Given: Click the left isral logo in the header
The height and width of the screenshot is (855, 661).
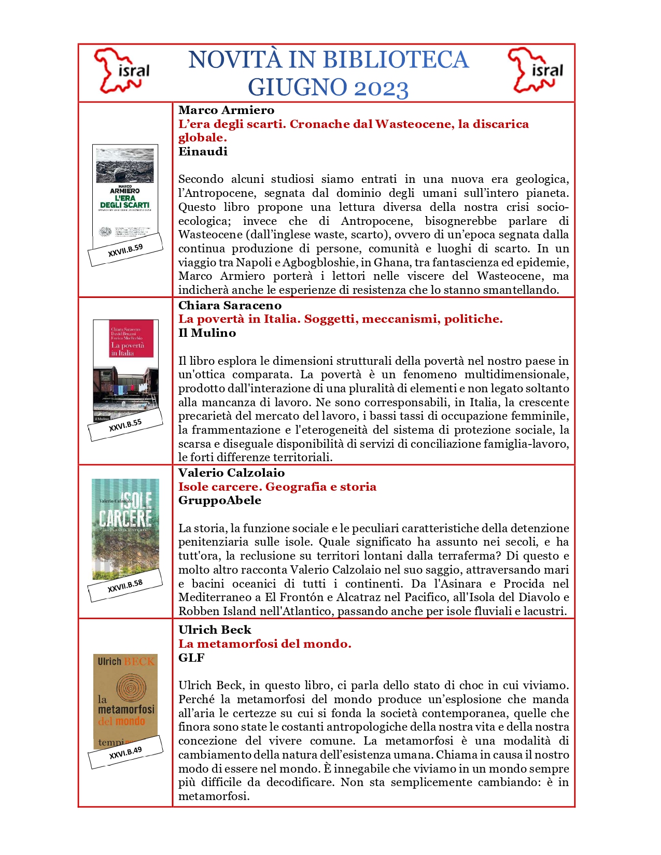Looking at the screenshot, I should pos(122,71).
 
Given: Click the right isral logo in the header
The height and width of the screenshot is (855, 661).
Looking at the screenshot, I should pos(536,70).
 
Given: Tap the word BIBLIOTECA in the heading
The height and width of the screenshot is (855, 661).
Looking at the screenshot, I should pos(391,60).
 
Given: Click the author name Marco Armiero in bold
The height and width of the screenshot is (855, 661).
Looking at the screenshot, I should pos(226,110).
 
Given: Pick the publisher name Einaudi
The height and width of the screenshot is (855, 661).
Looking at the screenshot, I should pos(203,151).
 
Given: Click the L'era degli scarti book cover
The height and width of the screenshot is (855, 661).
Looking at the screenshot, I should pos(125,192).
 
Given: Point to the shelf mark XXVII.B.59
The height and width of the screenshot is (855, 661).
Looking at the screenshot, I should pos(125,250).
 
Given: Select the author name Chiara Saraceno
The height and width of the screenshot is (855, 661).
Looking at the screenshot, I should pos(230,305).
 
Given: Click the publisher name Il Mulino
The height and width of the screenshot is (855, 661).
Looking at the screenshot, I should pos(207,333).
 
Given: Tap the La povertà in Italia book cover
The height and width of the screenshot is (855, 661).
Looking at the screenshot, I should pos(125,368).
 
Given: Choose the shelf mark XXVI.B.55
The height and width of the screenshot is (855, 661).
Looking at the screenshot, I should pos(125,425).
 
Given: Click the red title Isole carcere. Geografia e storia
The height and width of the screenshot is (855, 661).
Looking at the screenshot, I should pos(277,487).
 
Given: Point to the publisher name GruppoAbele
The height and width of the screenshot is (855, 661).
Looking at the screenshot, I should pos(220,500).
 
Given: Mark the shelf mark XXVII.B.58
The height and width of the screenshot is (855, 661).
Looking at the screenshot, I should pos(125,586).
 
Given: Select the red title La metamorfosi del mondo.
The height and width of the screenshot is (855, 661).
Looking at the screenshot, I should pos(265,644).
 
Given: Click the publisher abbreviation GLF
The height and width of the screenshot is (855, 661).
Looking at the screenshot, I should pos(191,658).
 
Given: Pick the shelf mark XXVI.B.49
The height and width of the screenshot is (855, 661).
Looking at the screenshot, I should pos(125,753).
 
